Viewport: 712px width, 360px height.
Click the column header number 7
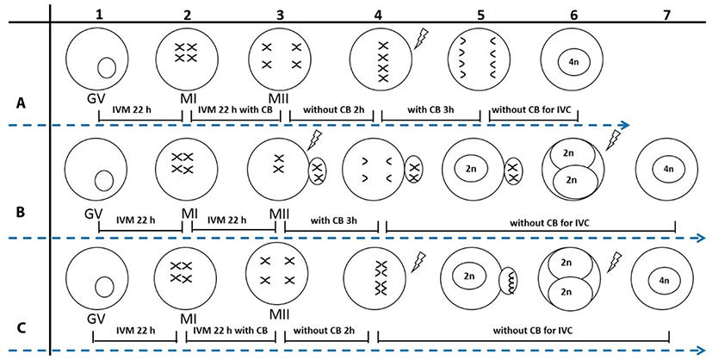click(x=666, y=15)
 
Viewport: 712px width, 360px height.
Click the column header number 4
click(x=379, y=15)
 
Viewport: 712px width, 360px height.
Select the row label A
click(x=21, y=104)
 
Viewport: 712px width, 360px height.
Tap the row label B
click(x=21, y=213)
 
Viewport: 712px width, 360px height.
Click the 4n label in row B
click(x=668, y=170)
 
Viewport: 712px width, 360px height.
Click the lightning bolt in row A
click(x=422, y=38)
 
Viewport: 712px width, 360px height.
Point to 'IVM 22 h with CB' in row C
click(x=231, y=331)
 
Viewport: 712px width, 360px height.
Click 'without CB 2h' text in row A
click(x=332, y=109)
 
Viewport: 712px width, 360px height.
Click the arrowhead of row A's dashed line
click(x=624, y=125)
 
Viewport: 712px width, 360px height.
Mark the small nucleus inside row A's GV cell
click(x=107, y=68)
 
